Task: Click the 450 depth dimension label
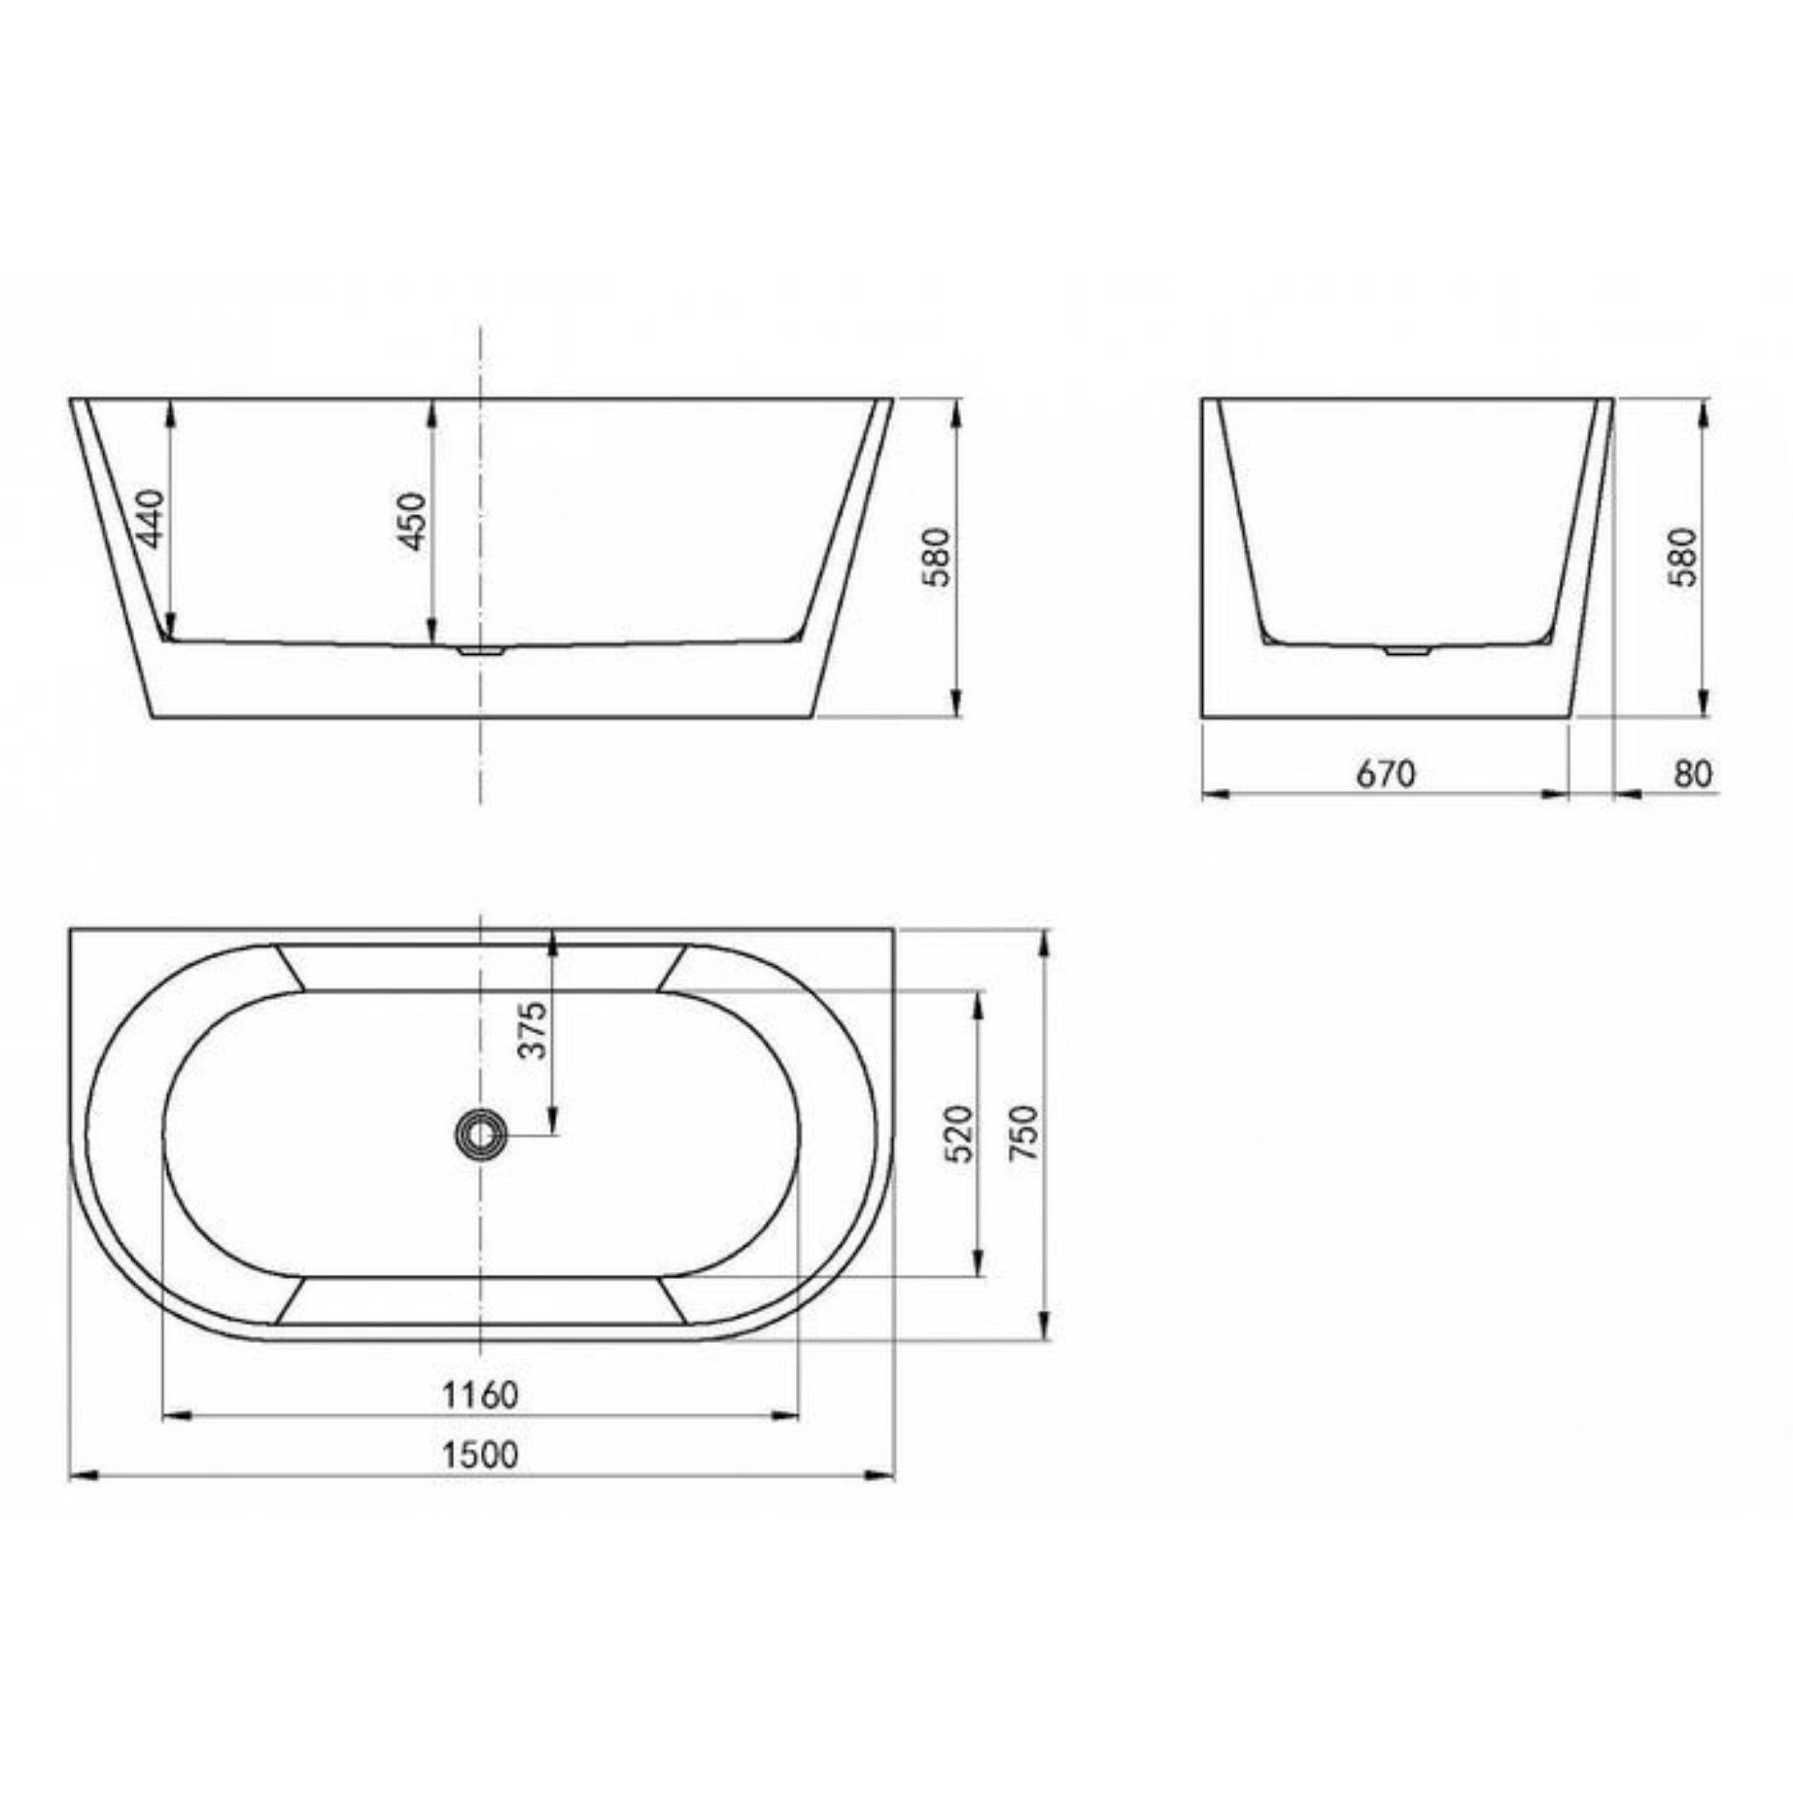[413, 521]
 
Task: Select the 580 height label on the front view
[939, 557]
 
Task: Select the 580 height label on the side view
[1683, 557]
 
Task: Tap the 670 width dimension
[1386, 773]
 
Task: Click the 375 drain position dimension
[534, 1030]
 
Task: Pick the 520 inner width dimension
[960, 1133]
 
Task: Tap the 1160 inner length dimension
[480, 1395]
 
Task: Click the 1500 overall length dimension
[480, 1454]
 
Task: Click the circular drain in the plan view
[481, 1134]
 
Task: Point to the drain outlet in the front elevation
[481, 651]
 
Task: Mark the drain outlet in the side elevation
[1408, 651]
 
